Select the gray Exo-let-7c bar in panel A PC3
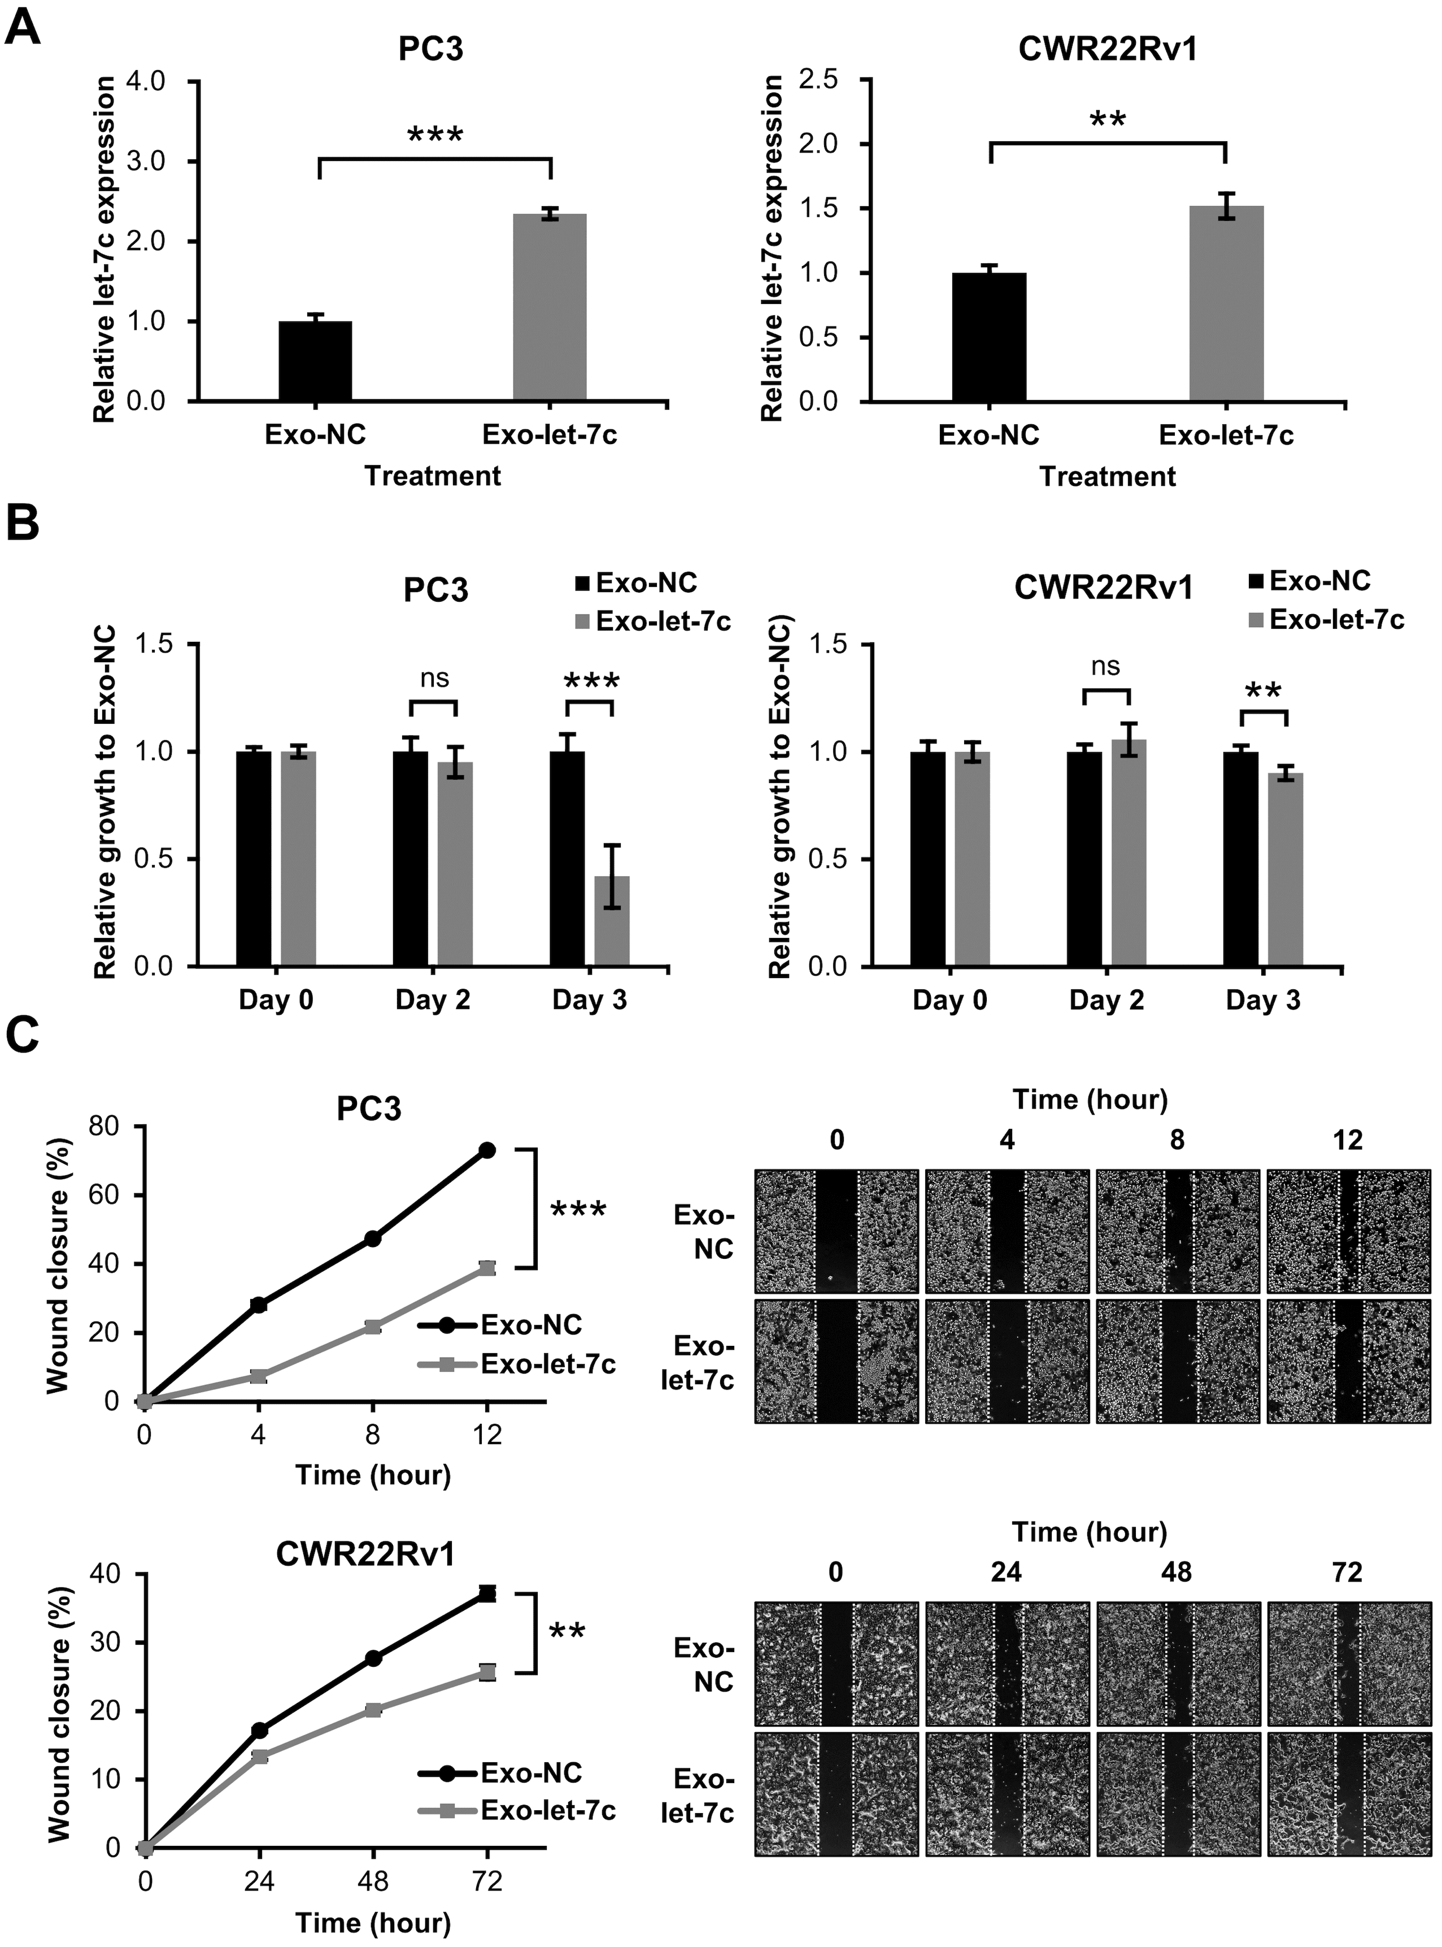[549, 307]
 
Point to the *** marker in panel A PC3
[435, 136]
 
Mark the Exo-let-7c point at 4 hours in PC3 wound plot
[258, 1376]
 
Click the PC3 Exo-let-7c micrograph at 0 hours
[836, 1362]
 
